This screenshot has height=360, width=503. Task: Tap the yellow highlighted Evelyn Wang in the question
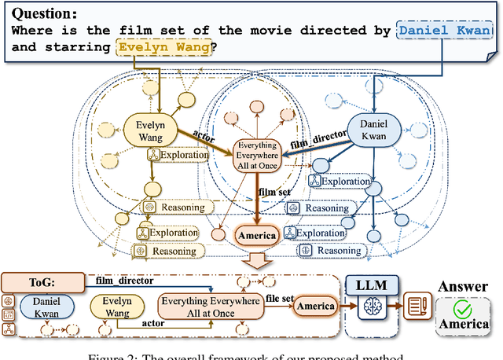point(163,47)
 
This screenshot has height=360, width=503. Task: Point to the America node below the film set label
point(256,235)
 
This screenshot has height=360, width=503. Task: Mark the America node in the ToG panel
point(314,307)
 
